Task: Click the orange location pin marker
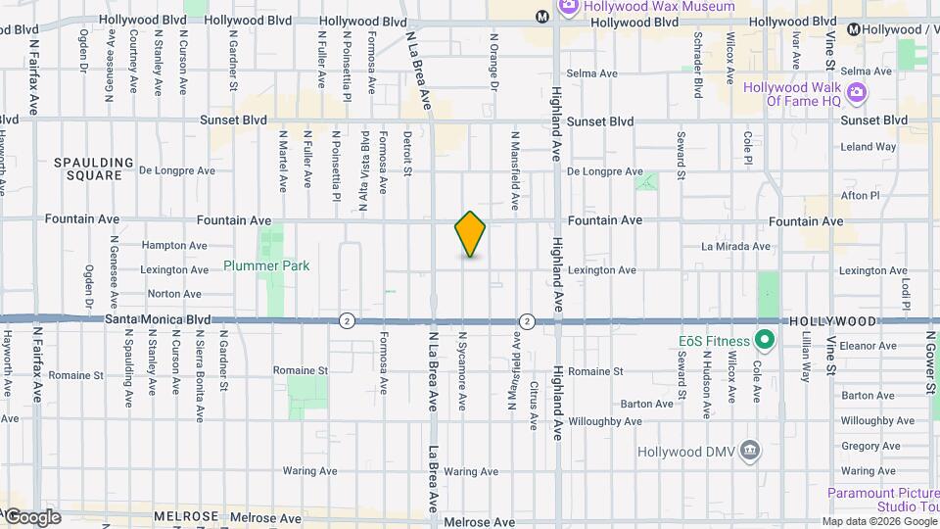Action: [x=470, y=234]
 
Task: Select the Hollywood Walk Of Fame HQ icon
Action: [x=857, y=93]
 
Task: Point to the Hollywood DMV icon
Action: [x=750, y=452]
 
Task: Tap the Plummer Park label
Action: [x=266, y=265]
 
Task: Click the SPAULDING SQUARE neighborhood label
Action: [x=94, y=168]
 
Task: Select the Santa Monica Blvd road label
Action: [x=159, y=319]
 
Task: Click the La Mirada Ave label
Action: [x=736, y=247]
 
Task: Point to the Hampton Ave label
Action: [x=174, y=246]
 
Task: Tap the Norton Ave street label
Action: [x=174, y=294]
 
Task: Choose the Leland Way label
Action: [x=869, y=147]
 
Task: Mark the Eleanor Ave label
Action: [x=869, y=346]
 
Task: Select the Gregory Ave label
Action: [x=863, y=446]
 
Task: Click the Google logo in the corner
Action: [x=31, y=517]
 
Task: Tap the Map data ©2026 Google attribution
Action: [x=878, y=521]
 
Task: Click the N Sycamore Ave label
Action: [x=461, y=369]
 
